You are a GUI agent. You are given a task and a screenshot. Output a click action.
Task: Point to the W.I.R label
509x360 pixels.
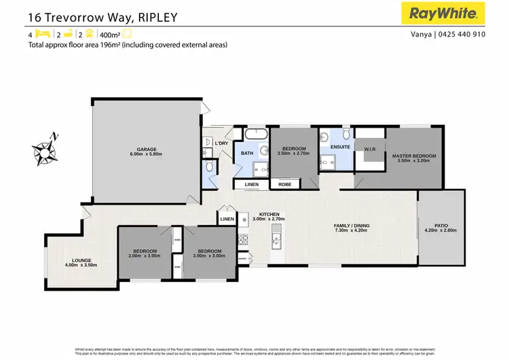click(x=370, y=149)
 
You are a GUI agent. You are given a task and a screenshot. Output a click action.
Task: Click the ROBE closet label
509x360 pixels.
click(x=284, y=184)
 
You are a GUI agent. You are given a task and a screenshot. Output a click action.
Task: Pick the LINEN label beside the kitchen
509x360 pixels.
click(x=227, y=219)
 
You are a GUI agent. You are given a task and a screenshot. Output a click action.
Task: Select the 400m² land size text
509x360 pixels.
click(x=110, y=34)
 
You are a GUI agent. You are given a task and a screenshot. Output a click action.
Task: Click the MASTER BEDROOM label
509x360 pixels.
click(x=414, y=156)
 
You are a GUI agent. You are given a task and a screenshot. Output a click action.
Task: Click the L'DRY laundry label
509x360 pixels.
click(x=221, y=144)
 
